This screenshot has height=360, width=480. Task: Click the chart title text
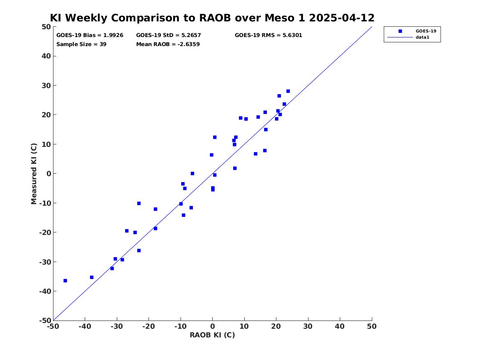point(212,18)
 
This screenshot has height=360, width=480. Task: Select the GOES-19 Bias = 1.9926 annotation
point(90,35)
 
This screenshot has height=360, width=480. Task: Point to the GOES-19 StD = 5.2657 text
point(168,35)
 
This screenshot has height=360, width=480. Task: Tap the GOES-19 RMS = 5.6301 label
point(269,35)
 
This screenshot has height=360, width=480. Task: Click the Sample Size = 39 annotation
point(81,44)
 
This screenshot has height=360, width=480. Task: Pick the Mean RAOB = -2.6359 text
point(168,44)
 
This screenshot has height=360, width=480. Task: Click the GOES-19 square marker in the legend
point(400,31)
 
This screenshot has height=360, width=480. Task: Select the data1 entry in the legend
point(422,37)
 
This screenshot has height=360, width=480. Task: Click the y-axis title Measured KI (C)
point(34,174)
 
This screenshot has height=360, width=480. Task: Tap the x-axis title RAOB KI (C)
point(212,335)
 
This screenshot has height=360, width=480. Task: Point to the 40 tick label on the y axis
point(46,56)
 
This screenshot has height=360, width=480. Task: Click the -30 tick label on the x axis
point(117,326)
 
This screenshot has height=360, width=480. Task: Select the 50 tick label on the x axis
point(372,326)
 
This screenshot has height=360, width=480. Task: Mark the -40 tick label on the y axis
point(45,291)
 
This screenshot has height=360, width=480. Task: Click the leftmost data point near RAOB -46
point(65,281)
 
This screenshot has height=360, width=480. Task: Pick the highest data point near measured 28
point(288,91)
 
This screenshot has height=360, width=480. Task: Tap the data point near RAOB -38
point(92,277)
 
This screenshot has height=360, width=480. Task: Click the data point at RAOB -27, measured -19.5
point(127,231)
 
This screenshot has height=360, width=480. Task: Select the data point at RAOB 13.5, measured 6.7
point(255,154)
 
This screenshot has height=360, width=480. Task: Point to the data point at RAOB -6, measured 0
point(192,174)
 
